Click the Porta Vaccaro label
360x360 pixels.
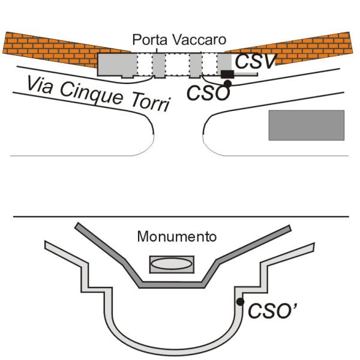179,41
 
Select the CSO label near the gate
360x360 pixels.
207,93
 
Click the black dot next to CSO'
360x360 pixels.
239,302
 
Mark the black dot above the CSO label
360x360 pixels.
227,83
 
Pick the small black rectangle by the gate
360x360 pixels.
227,74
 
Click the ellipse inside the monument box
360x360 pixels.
171,263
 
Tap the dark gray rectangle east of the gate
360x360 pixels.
306,125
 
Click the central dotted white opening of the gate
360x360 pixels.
177,64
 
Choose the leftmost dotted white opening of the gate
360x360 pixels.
144,64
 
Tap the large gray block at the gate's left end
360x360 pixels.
116,64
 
